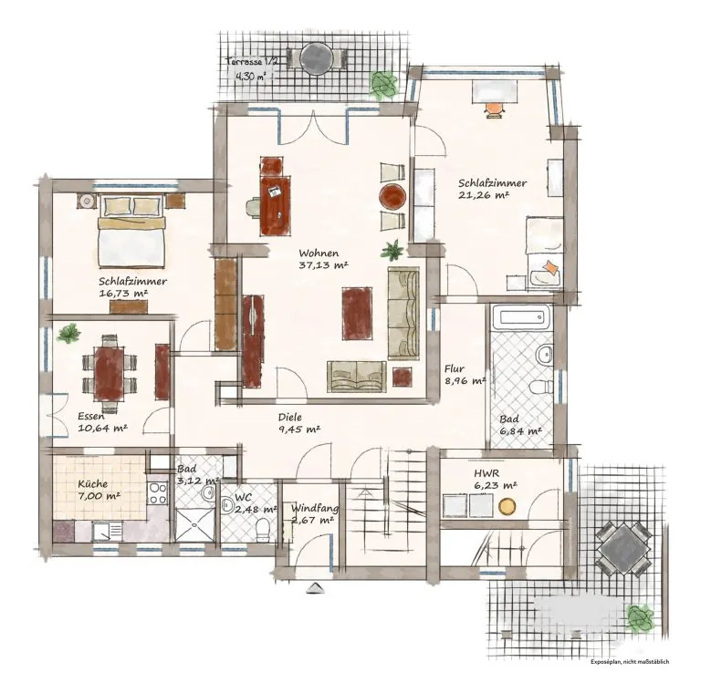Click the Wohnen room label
[319, 254]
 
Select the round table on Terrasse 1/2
[317, 58]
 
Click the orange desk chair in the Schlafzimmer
[494, 109]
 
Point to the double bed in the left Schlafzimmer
[131, 231]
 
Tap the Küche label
[92, 484]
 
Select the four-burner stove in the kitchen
[157, 494]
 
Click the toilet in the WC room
[263, 529]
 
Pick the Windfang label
[315, 508]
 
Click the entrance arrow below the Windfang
[315, 588]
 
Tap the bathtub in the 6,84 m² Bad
[521, 317]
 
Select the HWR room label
[487, 473]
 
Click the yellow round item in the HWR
[507, 506]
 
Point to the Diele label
[289, 418]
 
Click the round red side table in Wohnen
[392, 197]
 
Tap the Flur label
[455, 369]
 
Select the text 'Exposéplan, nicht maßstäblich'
[630, 661]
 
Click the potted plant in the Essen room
[68, 333]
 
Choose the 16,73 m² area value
[123, 293]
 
